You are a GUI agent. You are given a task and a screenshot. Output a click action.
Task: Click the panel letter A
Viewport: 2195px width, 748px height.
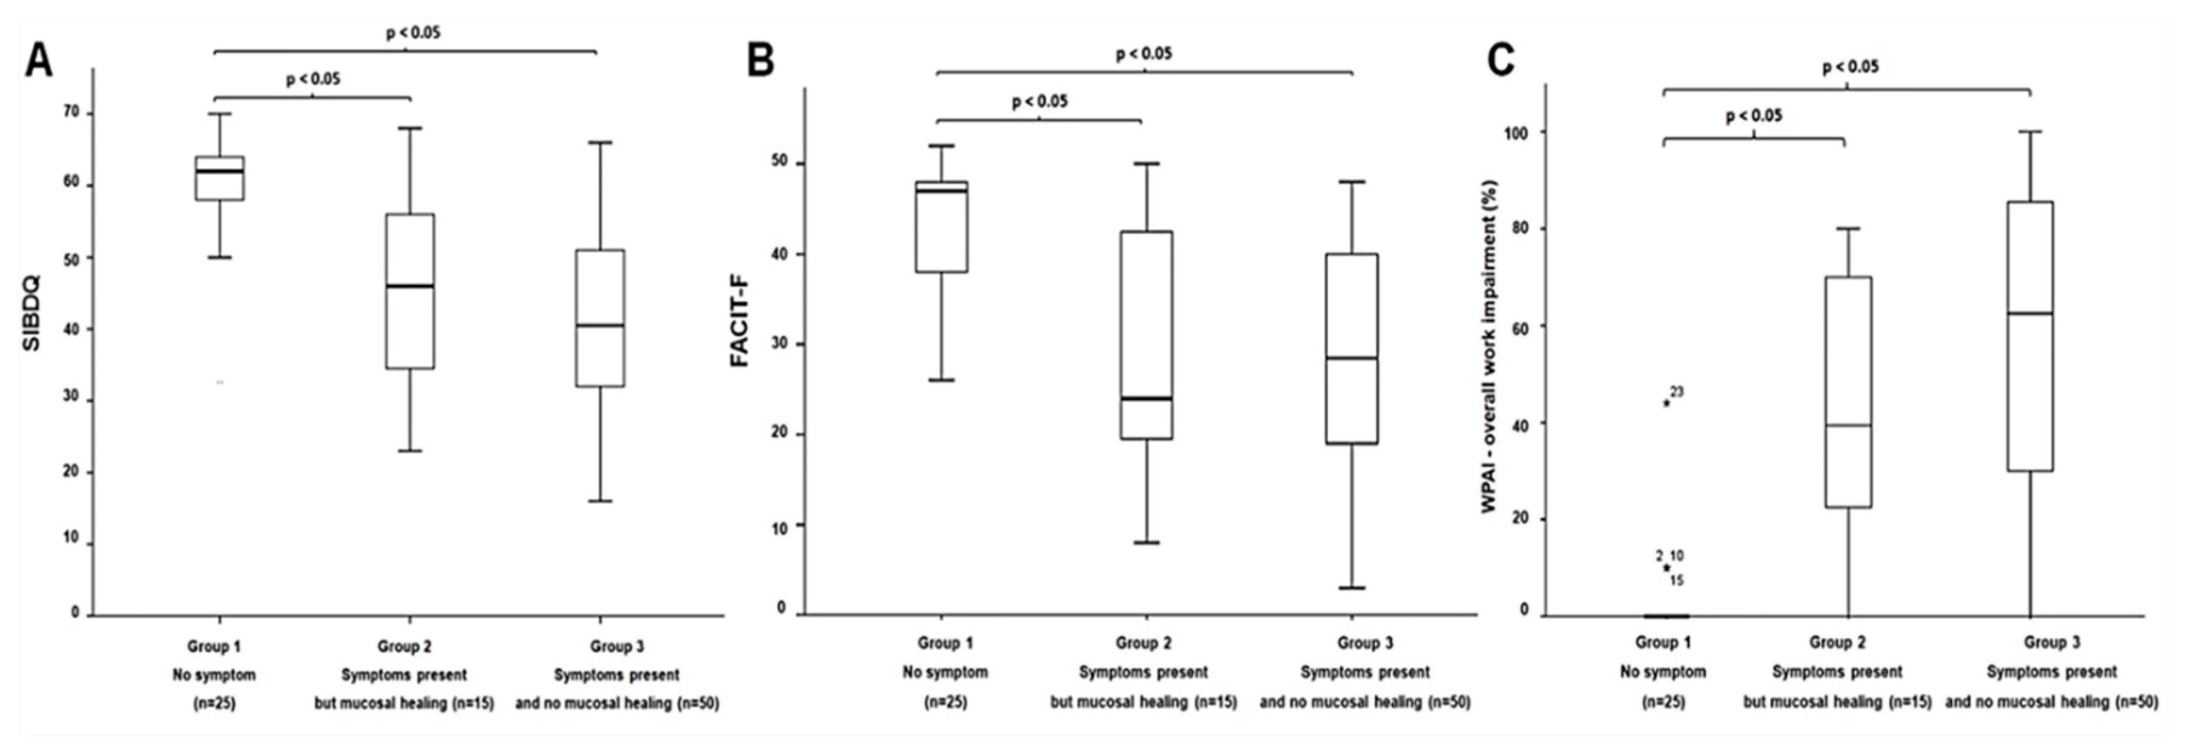[x=38, y=61]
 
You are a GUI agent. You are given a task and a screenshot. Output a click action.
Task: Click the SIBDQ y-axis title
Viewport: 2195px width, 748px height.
[x=32, y=313]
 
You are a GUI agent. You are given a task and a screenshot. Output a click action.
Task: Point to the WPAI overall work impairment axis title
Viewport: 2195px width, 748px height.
[x=1488, y=347]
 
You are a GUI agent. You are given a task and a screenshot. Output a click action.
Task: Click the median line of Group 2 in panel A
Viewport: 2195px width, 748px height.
[x=410, y=286]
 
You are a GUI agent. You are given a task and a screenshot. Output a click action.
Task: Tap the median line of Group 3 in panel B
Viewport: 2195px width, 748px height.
[x=1351, y=358]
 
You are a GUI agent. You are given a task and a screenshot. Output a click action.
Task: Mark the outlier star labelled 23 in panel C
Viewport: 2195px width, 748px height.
[x=1667, y=403]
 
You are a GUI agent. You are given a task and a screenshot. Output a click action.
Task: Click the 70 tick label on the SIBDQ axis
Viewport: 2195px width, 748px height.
[x=72, y=113]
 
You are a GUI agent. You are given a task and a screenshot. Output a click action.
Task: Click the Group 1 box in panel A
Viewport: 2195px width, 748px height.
[x=220, y=179]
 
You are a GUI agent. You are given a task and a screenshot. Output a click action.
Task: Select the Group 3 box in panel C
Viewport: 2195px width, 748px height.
[x=2030, y=336]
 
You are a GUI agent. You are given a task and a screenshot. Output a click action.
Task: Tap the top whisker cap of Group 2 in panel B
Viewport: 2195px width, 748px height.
[x=1146, y=164]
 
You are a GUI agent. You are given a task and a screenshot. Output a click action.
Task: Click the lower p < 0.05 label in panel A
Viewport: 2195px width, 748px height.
[x=313, y=79]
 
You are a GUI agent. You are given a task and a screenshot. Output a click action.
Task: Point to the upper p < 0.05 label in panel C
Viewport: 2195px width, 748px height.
[x=1850, y=67]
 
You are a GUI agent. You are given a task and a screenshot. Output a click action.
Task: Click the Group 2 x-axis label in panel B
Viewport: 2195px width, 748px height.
[x=1143, y=643]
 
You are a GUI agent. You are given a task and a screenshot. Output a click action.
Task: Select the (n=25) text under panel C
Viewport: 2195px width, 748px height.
[x=1662, y=702]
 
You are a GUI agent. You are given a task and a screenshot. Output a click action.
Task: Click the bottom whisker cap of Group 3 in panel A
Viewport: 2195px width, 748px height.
[x=600, y=501]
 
